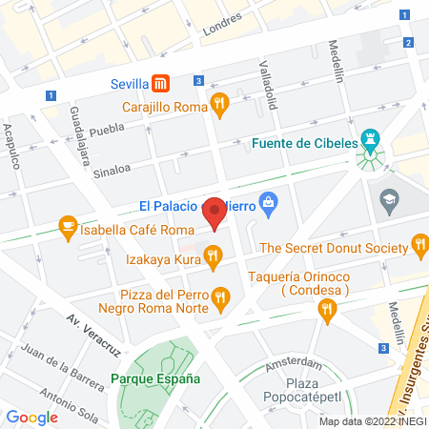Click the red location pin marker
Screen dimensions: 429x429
(x=215, y=212)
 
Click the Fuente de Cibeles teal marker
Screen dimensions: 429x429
(x=371, y=144)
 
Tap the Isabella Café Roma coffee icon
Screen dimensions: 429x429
(x=67, y=225)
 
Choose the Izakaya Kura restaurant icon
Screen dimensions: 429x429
(x=213, y=255)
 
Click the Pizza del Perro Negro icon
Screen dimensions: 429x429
(x=221, y=297)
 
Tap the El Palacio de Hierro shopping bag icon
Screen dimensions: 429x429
(x=269, y=203)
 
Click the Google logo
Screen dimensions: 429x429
(x=31, y=417)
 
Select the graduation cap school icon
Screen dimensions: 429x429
(x=389, y=199)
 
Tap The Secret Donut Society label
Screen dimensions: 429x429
(x=335, y=248)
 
